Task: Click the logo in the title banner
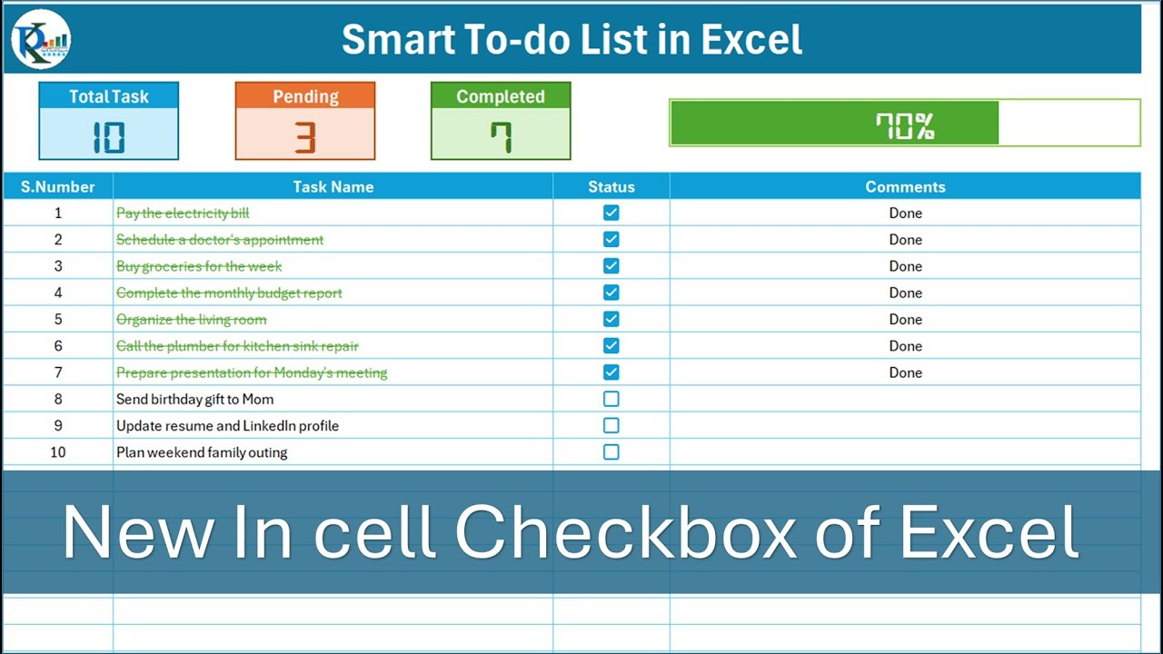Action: (41, 39)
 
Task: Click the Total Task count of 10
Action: (109, 136)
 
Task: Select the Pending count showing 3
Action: (305, 136)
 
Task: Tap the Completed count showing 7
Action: (501, 136)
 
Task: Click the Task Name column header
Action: (333, 187)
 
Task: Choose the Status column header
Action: (611, 187)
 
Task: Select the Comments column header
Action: (905, 187)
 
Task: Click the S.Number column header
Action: (58, 187)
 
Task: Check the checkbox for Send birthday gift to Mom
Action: (611, 399)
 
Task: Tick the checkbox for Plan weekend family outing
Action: (611, 452)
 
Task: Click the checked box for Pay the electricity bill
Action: (611, 213)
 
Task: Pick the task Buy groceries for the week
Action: (199, 266)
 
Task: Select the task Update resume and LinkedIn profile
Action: (227, 426)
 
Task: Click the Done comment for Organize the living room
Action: (905, 320)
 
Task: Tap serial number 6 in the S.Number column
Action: (58, 346)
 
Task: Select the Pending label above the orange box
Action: (305, 96)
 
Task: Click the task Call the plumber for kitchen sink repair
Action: (237, 346)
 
